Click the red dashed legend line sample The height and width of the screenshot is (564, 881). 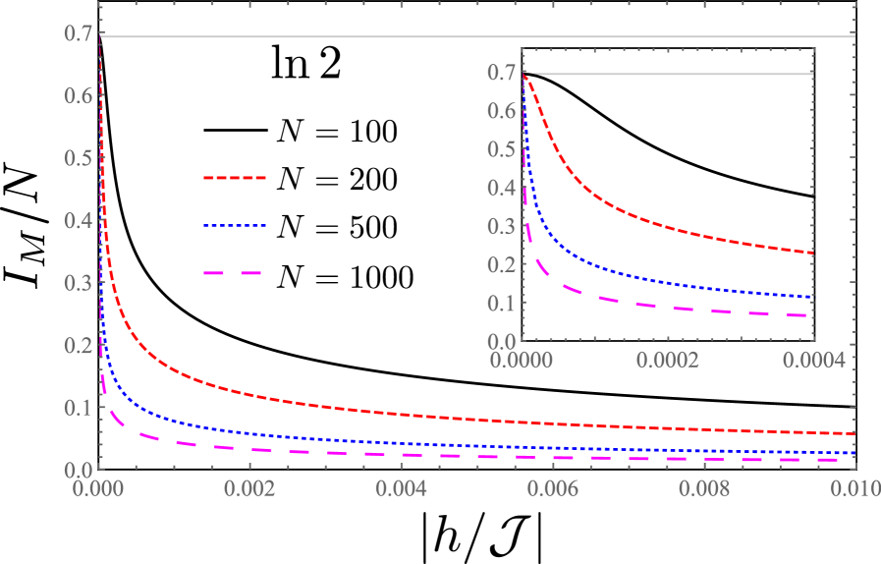point(235,179)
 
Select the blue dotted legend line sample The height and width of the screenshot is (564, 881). point(235,226)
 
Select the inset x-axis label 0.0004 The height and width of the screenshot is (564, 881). point(813,361)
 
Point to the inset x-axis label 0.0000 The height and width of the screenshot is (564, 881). point(523,361)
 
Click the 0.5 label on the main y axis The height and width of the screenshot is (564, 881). point(79,158)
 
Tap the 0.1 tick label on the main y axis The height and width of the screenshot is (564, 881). point(79,407)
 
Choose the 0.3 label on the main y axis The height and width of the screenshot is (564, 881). point(79,283)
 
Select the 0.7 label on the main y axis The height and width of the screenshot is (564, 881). point(79,34)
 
